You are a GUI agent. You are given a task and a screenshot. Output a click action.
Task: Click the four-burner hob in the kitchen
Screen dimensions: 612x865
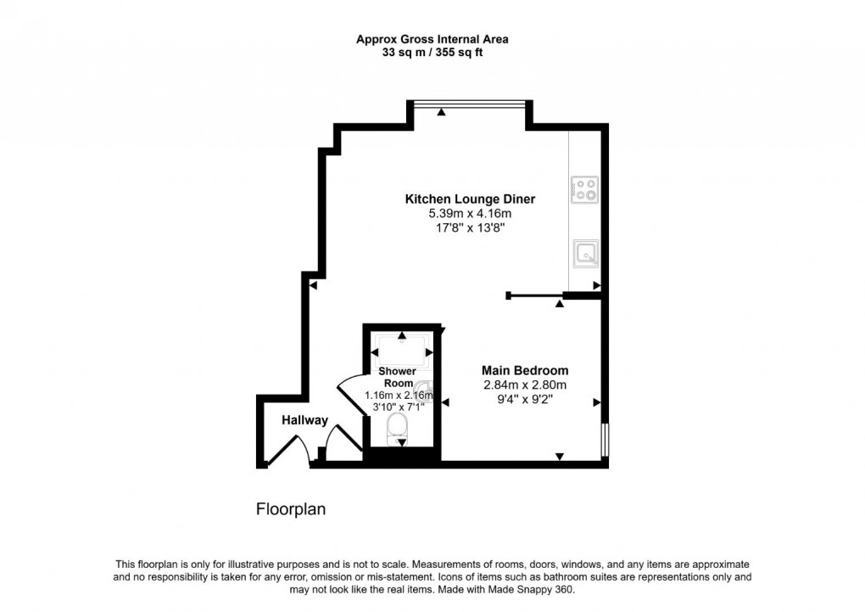pyautogui.click(x=584, y=189)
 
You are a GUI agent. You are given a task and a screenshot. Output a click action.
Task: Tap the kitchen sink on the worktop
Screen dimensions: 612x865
pyautogui.click(x=584, y=252)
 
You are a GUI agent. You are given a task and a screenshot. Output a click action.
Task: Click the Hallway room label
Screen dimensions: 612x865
pyautogui.click(x=304, y=420)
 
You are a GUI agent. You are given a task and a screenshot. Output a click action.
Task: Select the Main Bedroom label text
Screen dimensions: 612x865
pyautogui.click(x=524, y=371)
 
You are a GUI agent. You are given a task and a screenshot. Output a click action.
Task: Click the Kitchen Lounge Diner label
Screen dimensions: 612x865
pyautogui.click(x=470, y=199)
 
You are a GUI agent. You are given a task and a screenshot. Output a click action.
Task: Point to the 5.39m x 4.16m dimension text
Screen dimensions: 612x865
pyautogui.click(x=470, y=214)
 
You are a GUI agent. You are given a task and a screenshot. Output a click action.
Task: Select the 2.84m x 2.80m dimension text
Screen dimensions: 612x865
pyautogui.click(x=524, y=385)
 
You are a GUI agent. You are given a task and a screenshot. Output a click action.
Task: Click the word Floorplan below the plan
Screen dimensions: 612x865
pyautogui.click(x=291, y=509)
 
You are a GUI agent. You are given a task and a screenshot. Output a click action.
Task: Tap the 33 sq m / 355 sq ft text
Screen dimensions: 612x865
pyautogui.click(x=432, y=52)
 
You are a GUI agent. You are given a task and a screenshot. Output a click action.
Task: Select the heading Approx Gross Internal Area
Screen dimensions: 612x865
pyautogui.click(x=432, y=39)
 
